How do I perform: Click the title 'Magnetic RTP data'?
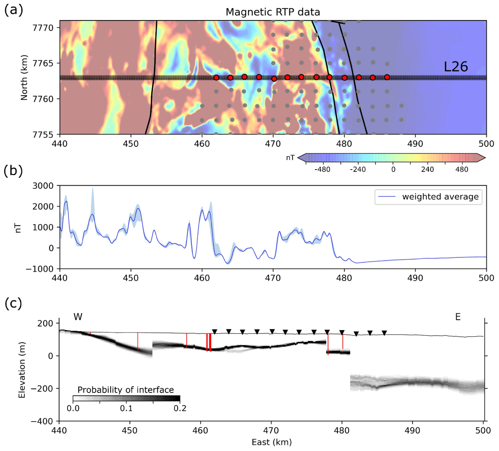(272, 12)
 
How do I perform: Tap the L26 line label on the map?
(455, 67)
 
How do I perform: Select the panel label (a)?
(13, 10)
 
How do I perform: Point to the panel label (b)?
(13, 171)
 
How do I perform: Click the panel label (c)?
(13, 303)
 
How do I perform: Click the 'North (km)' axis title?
(24, 77)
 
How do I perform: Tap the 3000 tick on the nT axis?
(43, 186)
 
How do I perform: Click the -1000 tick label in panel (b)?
(40, 269)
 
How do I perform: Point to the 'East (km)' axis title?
(272, 442)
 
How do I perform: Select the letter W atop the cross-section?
(78, 317)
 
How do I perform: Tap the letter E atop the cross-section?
(458, 317)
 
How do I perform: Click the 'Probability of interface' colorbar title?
(126, 390)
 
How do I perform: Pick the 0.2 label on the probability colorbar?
(180, 408)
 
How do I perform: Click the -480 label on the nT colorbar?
(322, 170)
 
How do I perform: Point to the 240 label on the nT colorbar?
(428, 170)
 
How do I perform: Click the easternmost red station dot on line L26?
(387, 77)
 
